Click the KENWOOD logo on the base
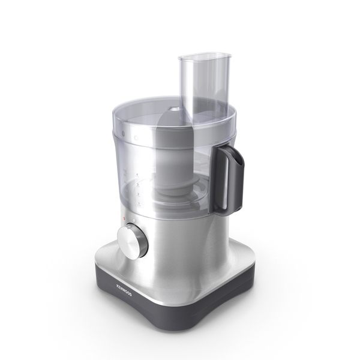[124, 290]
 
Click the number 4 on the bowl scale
[137, 175]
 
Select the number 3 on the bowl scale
[138, 185]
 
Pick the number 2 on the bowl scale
[139, 194]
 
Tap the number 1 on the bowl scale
[139, 203]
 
